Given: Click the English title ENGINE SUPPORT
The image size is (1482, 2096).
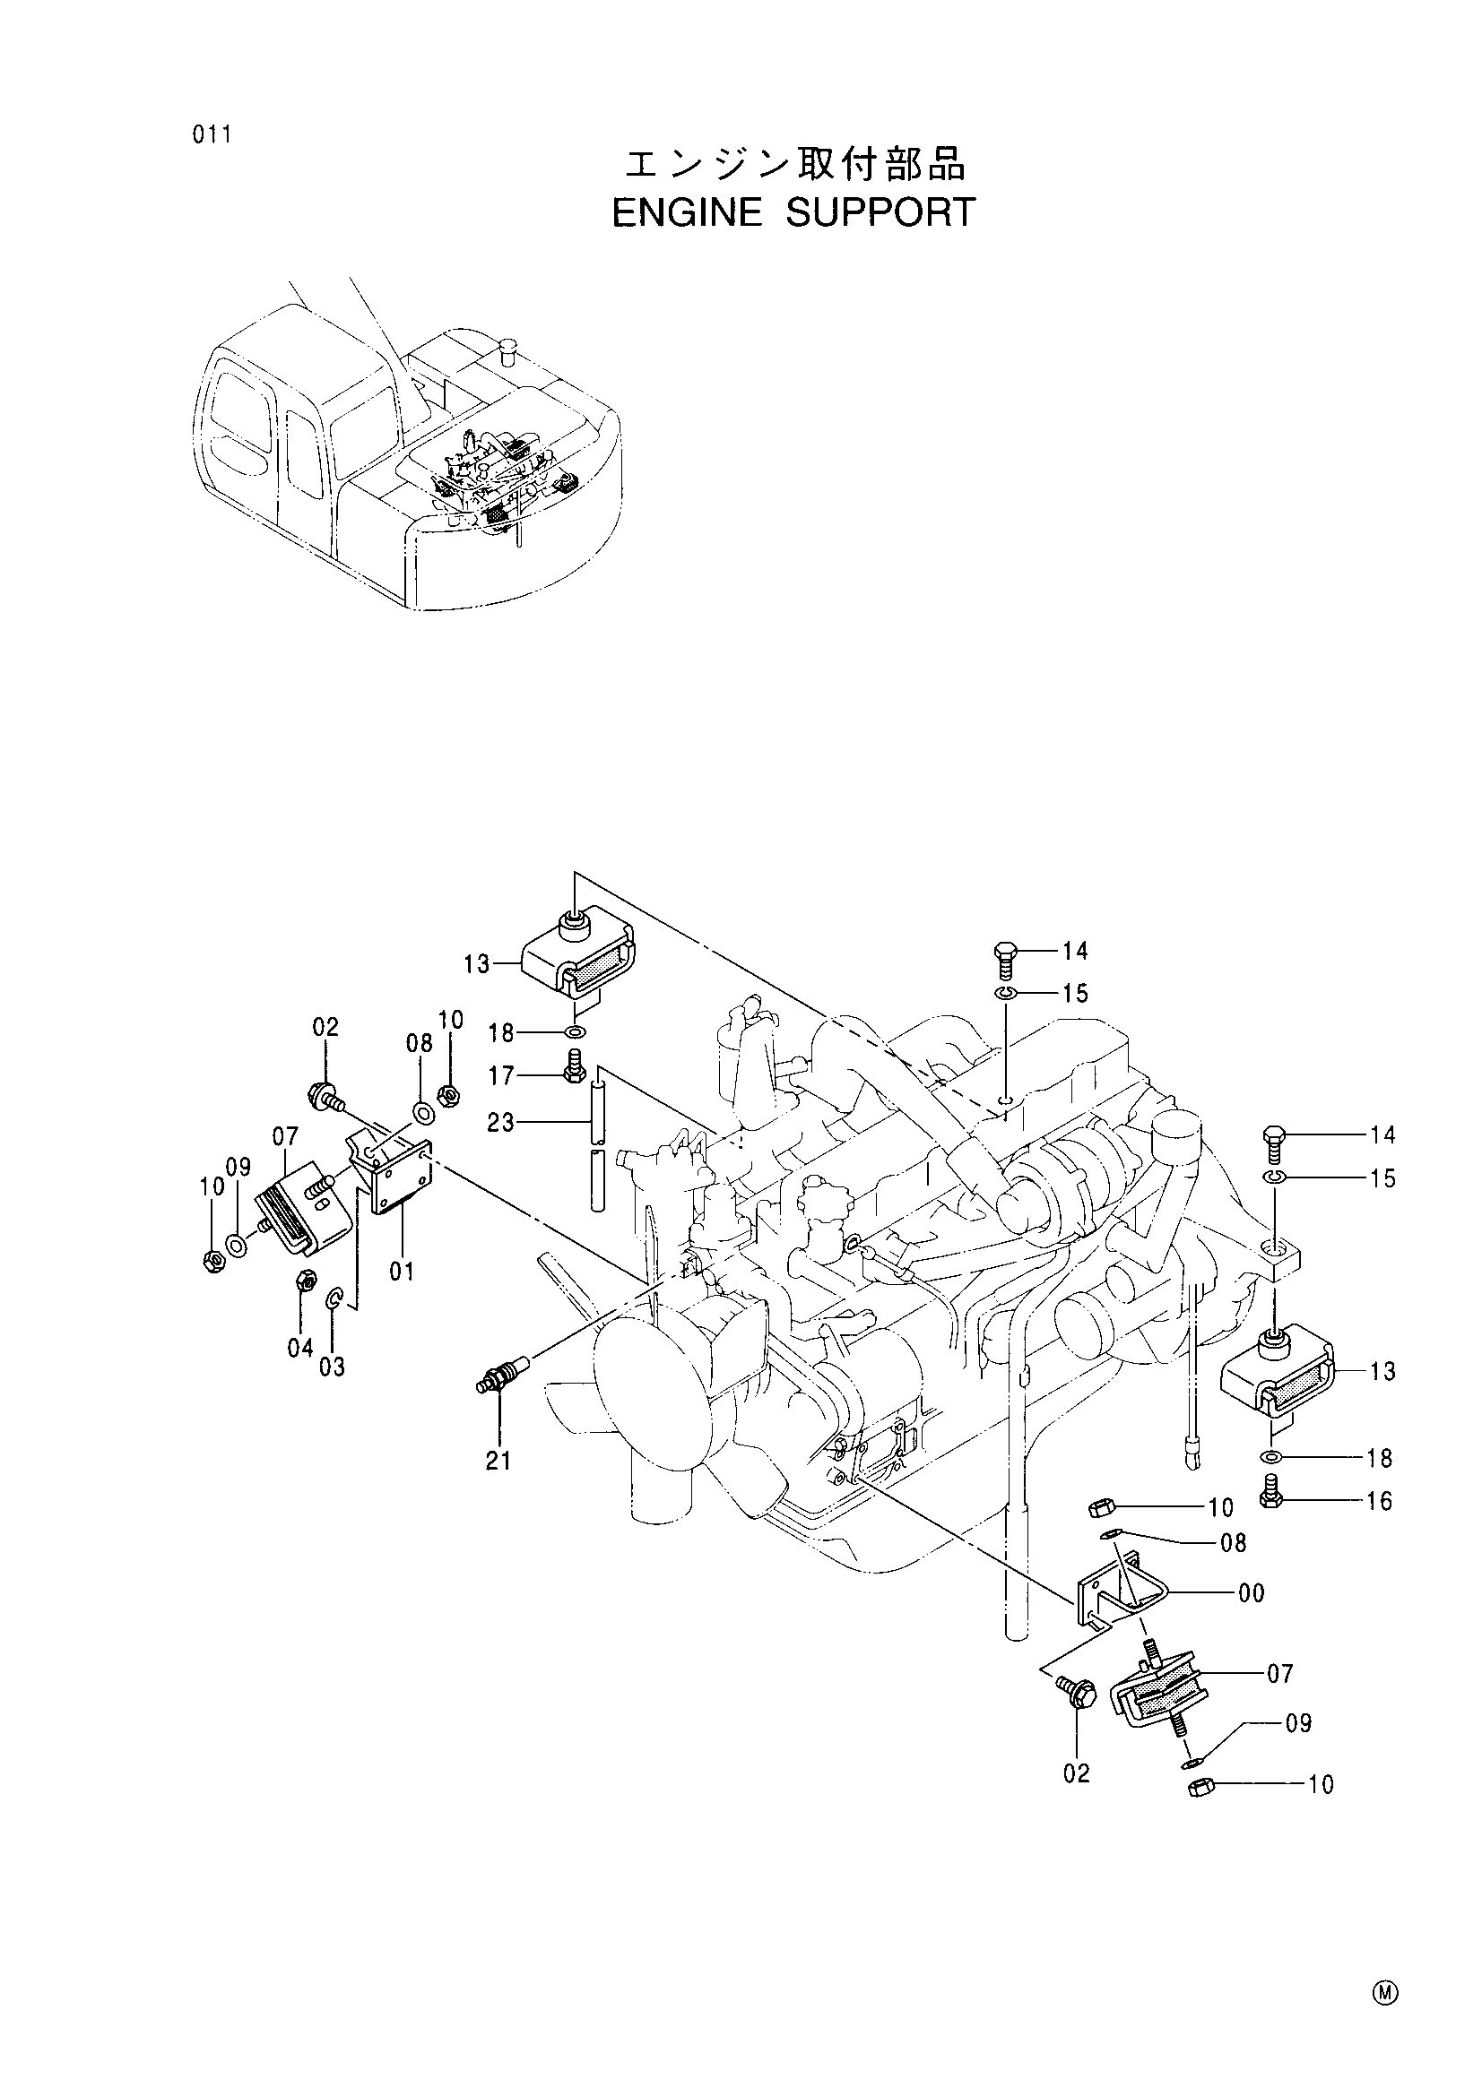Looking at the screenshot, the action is point(793,212).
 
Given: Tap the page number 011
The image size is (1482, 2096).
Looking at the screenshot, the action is point(212,135).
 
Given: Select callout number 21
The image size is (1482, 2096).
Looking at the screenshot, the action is point(498,1462).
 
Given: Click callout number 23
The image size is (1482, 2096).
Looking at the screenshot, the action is point(501,1122).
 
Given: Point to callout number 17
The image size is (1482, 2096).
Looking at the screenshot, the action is point(502,1076).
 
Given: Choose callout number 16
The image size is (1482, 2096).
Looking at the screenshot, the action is point(1380,1502).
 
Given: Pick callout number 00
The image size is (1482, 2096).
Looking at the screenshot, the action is point(1251,1594).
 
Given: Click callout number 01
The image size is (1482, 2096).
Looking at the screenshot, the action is point(402,1271).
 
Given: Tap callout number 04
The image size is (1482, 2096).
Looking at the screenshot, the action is point(300,1348).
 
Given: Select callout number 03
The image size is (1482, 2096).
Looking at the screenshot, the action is point(333,1367).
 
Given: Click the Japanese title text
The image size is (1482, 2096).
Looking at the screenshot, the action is point(793,164).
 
